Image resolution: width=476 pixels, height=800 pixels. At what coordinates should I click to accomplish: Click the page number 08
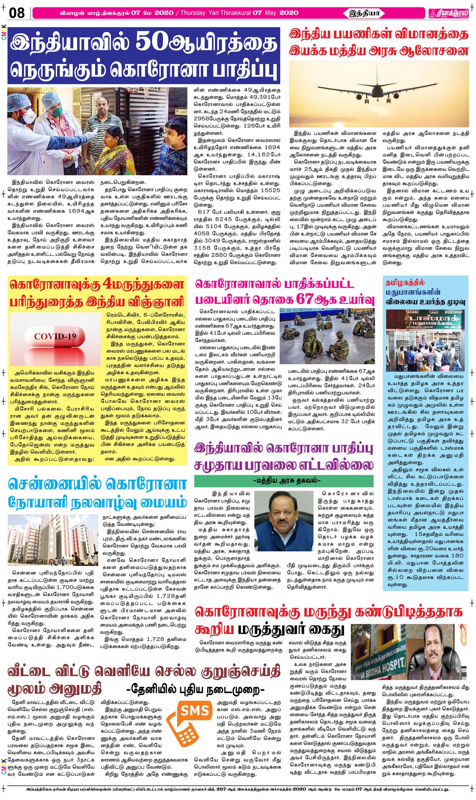17,13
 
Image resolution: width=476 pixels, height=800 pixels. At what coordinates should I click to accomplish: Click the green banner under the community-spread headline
284,481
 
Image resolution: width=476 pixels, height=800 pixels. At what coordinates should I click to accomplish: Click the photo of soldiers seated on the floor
327,336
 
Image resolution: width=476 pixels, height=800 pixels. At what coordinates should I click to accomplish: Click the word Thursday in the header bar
193,13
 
